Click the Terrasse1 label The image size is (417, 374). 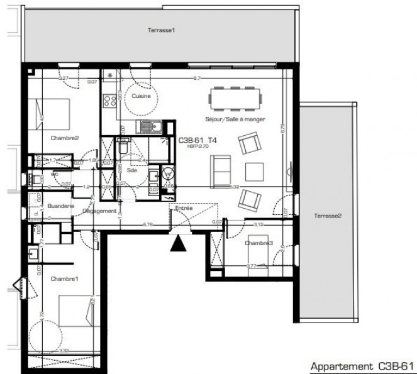click(160, 30)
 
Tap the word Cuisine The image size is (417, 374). click(142, 96)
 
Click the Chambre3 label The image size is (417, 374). click(259, 243)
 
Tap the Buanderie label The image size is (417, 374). click(61, 206)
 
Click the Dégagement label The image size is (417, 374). click(99, 211)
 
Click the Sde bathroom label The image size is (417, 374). click(132, 170)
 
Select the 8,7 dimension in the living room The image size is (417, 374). click(197, 78)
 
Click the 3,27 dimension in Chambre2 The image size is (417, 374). click(64, 78)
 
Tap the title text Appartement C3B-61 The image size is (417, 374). click(362, 366)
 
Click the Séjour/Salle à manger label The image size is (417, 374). click(235, 119)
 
